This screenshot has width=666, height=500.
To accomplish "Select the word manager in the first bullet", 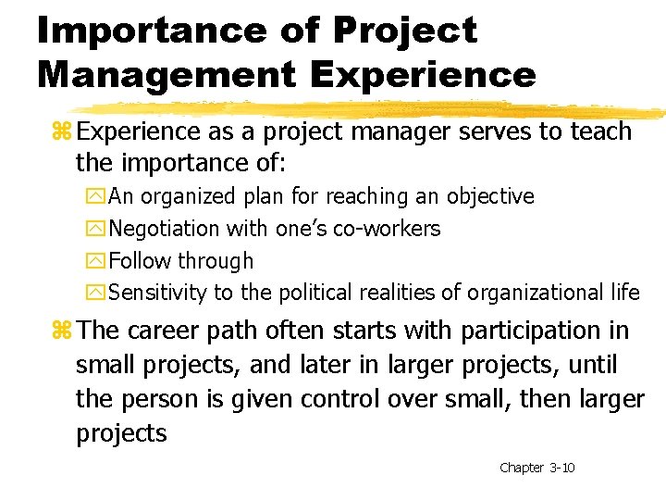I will [x=412, y=131].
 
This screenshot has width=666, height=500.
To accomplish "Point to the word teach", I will [x=599, y=131].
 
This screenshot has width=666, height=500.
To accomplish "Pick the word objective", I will [x=490, y=196].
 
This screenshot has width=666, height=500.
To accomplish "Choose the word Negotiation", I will [x=164, y=229].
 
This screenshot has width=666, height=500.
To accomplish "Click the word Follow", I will [x=140, y=261].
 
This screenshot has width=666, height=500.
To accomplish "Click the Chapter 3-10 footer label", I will [x=536, y=468].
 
